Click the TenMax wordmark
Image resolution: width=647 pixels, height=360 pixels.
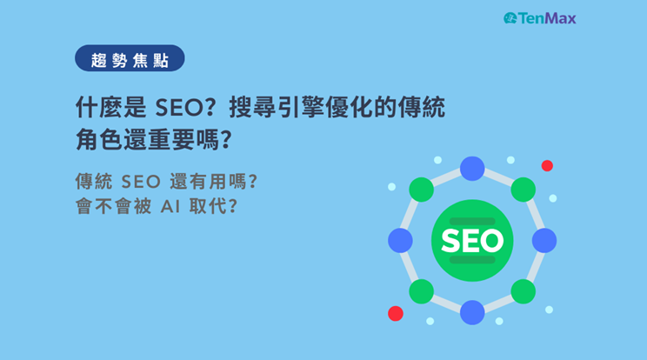tap(547, 18)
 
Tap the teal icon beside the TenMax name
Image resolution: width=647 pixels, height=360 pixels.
tap(510, 18)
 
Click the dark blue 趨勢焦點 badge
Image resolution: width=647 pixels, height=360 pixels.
tap(130, 58)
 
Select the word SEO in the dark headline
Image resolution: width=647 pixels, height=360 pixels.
tap(179, 108)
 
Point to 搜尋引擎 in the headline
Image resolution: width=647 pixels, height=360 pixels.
tap(276, 108)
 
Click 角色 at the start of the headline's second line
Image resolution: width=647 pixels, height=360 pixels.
tap(98, 140)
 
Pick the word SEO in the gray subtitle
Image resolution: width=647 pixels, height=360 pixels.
tap(141, 182)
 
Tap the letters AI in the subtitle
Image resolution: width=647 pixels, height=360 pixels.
tap(170, 207)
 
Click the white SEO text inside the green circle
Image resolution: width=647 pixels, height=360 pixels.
tap(472, 240)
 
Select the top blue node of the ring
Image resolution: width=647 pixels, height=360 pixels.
tap(472, 169)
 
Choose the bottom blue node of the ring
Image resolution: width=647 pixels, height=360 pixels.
tap(472, 312)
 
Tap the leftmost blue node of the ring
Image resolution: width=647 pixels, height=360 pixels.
tap(400, 240)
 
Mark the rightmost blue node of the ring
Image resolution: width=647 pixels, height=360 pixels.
tap(544, 240)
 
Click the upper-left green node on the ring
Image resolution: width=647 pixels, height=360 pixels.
tap(421, 190)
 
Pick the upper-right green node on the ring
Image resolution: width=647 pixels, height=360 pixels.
tap(524, 190)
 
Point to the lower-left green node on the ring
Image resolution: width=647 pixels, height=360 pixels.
tap(421, 291)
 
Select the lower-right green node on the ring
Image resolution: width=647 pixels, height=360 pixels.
tap(524, 291)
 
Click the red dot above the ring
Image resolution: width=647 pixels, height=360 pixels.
tap(547, 166)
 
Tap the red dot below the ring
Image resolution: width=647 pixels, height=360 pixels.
tap(396, 313)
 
